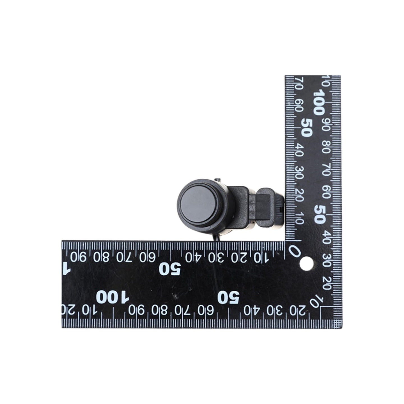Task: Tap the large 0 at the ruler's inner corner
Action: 295,251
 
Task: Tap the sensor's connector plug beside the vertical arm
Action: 270,208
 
